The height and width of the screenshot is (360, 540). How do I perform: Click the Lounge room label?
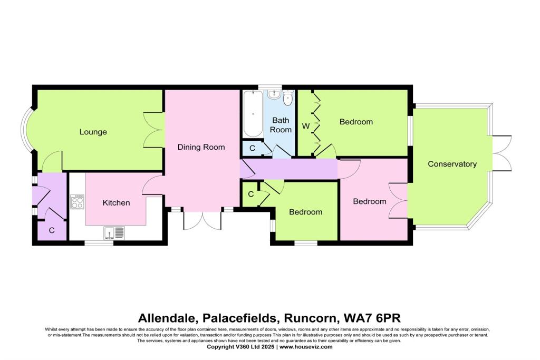(93, 132)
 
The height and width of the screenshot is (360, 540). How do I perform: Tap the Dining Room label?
(201, 147)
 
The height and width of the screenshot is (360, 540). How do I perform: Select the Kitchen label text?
(116, 202)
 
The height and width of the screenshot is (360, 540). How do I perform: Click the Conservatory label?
(452, 164)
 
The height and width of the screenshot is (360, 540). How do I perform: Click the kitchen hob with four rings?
(77, 202)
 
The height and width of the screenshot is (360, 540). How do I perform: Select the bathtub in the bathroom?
(253, 114)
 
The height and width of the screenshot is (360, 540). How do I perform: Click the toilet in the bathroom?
(288, 98)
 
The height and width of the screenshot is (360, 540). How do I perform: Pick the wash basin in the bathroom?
(274, 95)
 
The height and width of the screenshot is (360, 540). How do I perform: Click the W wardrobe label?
(305, 126)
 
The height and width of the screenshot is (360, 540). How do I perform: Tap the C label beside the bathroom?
(252, 149)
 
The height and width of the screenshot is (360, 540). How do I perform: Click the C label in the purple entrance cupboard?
(52, 230)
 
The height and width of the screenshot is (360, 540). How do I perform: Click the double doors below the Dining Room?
(202, 220)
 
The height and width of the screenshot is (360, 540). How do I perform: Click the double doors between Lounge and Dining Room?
(153, 130)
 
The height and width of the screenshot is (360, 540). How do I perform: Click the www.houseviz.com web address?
(306, 347)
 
